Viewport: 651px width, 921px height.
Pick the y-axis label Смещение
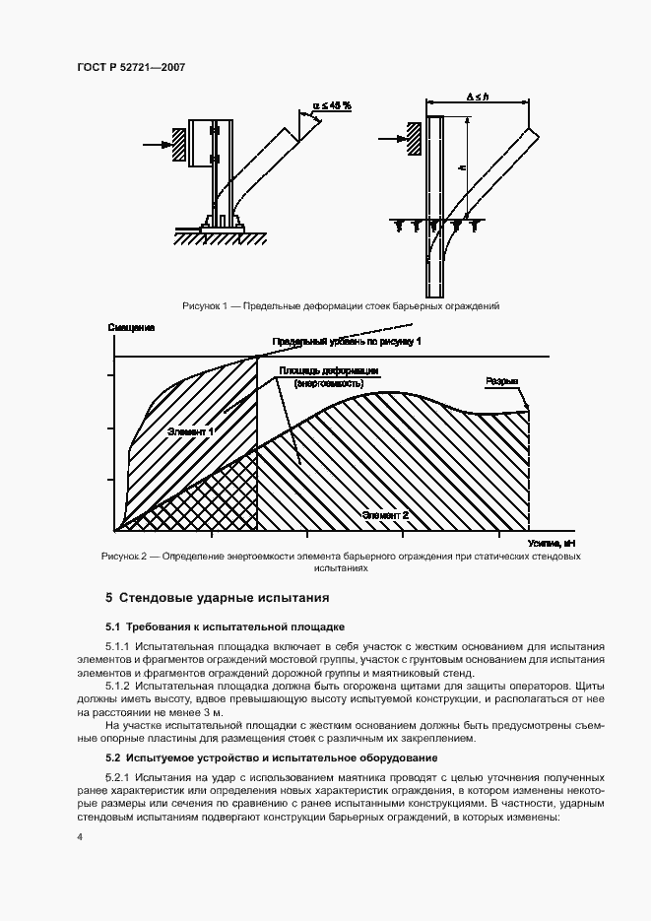(x=128, y=325)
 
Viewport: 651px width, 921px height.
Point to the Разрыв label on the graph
(x=501, y=381)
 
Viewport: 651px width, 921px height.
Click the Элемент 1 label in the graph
(x=191, y=430)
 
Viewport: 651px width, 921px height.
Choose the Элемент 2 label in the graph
(x=386, y=515)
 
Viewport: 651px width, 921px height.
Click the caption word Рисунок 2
(x=123, y=557)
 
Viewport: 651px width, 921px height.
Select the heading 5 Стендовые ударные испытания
(x=217, y=598)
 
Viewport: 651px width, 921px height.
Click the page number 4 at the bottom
(x=79, y=836)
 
